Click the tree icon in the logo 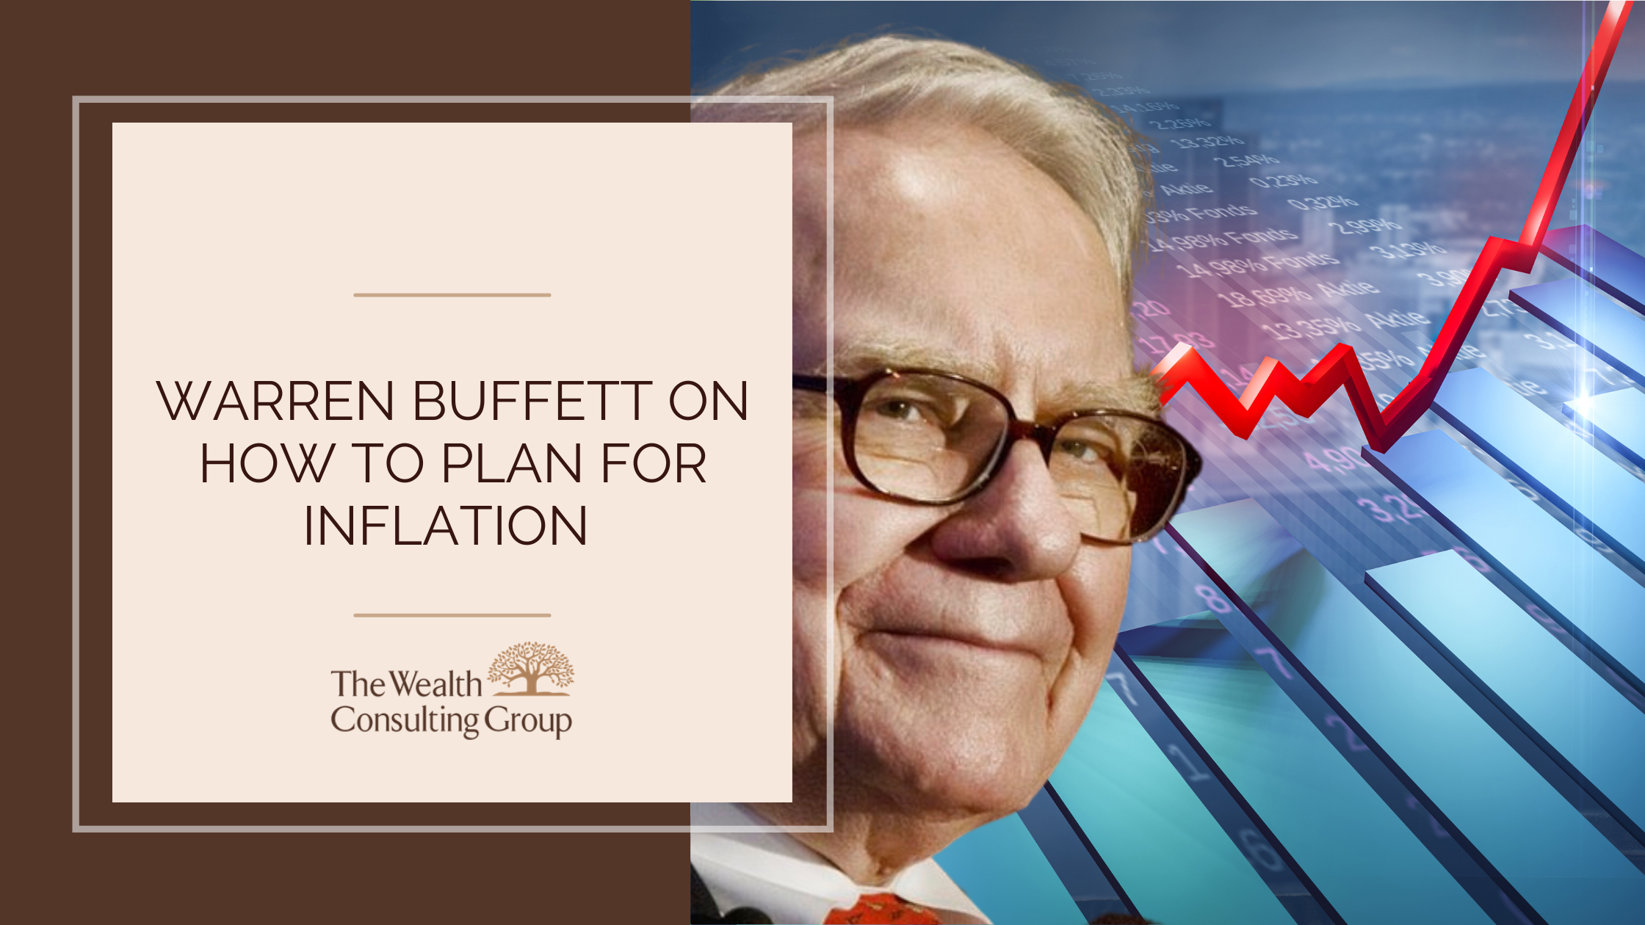coord(531,668)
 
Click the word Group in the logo coord(528,722)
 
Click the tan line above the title coord(452,295)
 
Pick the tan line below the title coord(452,615)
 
